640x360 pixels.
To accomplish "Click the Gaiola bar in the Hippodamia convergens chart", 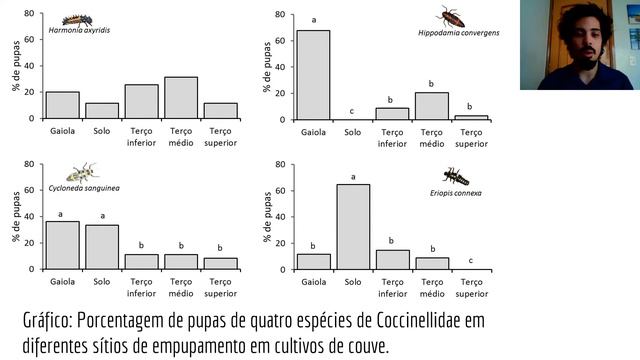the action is point(313,75).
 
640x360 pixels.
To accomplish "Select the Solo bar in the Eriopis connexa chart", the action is point(353,227).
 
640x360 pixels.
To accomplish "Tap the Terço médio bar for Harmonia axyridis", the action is point(181,98).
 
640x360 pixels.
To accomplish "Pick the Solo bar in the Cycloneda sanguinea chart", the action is point(102,247).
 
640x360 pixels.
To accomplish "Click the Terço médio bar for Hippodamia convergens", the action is point(432,106).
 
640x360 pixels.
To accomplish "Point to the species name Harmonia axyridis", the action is point(79,30).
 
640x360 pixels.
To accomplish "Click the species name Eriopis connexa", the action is point(456,193).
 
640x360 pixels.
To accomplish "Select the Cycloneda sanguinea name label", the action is point(84,188).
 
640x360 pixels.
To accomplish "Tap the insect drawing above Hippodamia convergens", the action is point(450,17).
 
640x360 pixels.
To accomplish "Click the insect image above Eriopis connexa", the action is point(456,177).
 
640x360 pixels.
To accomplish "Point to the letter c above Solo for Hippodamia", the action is point(352,111).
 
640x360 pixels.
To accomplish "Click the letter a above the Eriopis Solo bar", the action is point(353,177).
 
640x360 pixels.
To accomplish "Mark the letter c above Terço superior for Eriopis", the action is point(471,260).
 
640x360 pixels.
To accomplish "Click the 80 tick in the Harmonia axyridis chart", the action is point(29,13).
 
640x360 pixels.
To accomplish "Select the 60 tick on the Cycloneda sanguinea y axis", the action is point(29,190).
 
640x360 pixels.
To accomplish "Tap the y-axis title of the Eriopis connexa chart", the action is point(267,217).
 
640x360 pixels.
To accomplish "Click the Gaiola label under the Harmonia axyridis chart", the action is point(62,131).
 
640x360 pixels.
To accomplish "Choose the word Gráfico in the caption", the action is point(48,321).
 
